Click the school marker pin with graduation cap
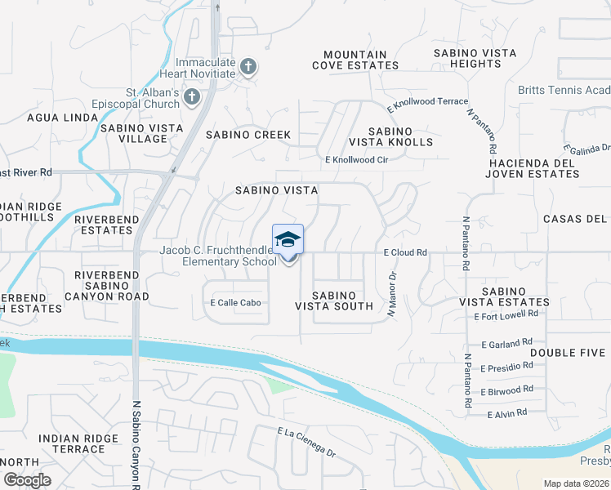(288, 241)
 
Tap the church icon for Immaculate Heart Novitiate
(249, 65)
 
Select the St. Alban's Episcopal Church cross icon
(192, 98)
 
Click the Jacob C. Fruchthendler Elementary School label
(218, 256)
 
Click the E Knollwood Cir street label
(356, 160)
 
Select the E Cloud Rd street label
(405, 253)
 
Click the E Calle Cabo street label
(235, 303)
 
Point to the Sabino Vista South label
(334, 301)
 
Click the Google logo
(27, 480)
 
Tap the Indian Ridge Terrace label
(72, 443)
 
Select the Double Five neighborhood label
(568, 353)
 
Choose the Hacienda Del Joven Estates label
(531, 167)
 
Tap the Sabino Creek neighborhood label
(248, 135)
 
